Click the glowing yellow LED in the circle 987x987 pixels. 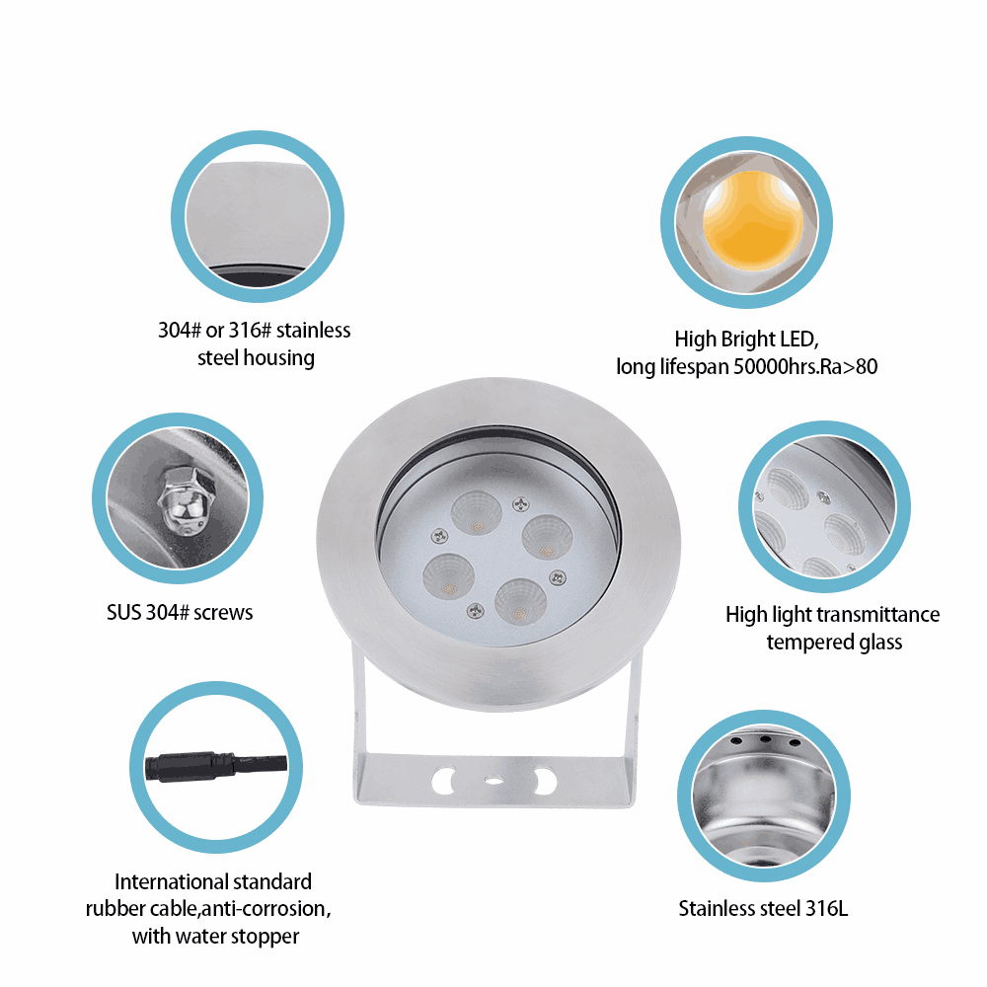[753, 220]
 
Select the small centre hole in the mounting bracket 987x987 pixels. [494, 781]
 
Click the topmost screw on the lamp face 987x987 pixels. [521, 503]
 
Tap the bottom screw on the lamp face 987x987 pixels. [475, 610]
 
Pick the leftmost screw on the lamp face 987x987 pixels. [439, 536]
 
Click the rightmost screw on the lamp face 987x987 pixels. [557, 577]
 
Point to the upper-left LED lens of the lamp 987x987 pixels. [477, 512]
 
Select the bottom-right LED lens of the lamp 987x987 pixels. [520, 601]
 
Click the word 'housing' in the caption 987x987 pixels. [279, 359]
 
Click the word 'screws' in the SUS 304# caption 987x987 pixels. [223, 613]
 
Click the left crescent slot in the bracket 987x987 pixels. [444, 780]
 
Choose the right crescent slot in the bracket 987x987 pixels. [545, 781]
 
